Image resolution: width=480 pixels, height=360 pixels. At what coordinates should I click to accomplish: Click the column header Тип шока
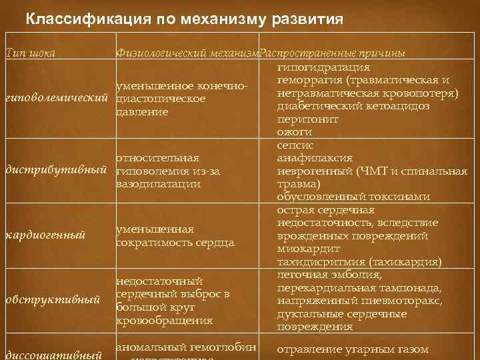[x=29, y=53]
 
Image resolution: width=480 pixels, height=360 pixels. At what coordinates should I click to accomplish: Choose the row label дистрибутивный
[x=56, y=171]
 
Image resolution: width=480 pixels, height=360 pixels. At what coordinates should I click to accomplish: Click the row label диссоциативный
[x=53, y=354]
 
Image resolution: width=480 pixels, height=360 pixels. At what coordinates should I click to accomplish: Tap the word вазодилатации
[x=158, y=183]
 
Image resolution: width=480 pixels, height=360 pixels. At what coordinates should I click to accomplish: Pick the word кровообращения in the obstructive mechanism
[x=164, y=321]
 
